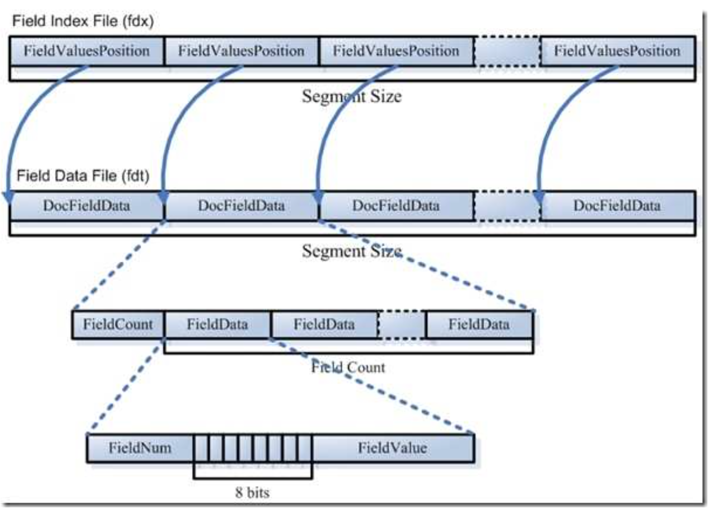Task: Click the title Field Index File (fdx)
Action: [83, 21]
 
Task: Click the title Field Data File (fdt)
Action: [83, 175]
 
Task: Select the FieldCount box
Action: [118, 325]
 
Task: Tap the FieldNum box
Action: [140, 448]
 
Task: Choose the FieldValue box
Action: [393, 448]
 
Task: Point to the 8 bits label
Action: [252, 493]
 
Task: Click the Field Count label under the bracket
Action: [348, 367]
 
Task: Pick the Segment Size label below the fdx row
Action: [351, 96]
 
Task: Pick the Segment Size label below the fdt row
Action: [351, 251]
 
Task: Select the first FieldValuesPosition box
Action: [86, 51]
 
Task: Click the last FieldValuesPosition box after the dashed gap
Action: [617, 51]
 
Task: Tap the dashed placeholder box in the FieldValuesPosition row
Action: [507, 51]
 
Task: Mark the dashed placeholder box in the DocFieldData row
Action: [507, 206]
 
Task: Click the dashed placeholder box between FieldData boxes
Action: [401, 325]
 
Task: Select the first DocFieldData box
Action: [86, 206]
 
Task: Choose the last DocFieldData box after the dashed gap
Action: [617, 206]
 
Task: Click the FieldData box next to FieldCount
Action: [218, 325]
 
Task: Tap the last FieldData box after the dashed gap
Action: [479, 325]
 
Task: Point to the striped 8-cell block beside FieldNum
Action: [253, 448]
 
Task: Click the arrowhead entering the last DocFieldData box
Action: [539, 198]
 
